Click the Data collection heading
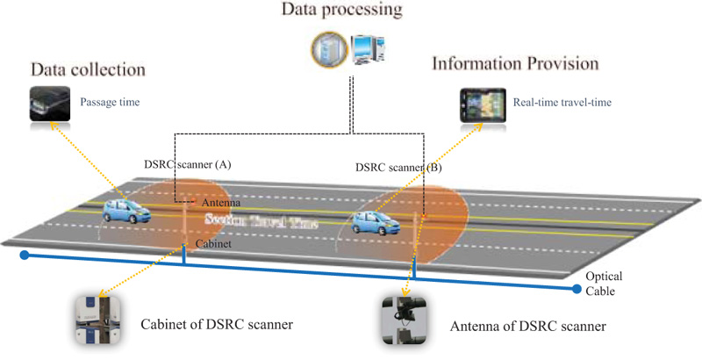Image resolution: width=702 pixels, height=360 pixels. [88, 69]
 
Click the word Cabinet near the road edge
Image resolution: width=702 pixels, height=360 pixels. [212, 245]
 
